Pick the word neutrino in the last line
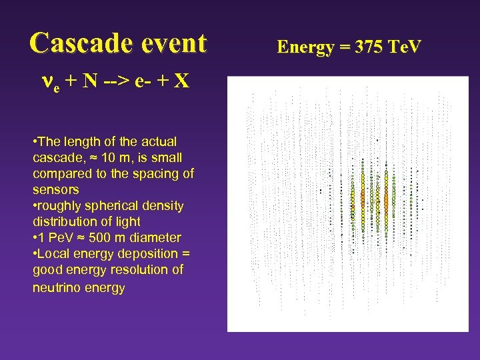(x=56, y=287)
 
